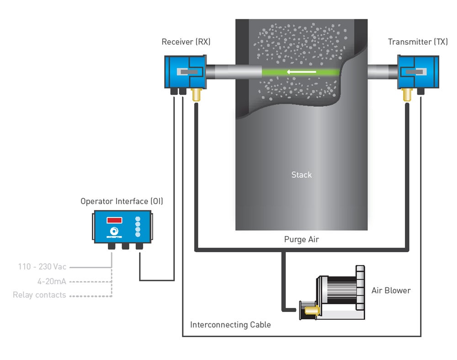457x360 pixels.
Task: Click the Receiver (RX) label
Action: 186,42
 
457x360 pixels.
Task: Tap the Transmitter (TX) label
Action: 418,42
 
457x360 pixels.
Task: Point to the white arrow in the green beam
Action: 301,71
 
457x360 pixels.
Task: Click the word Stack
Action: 302,175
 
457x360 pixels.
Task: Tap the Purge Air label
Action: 301,239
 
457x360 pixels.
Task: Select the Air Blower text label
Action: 391,290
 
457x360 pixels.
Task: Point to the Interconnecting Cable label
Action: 230,325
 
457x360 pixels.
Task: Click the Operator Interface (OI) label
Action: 122,201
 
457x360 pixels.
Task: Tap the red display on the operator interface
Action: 114,220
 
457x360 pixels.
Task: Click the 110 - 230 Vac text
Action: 42,266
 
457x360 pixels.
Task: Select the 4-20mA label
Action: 52,281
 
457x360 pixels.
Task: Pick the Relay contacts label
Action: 39,295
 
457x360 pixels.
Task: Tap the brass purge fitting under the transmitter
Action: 405,95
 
